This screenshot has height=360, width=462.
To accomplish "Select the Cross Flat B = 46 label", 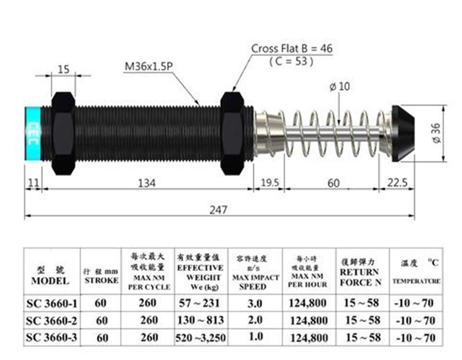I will coord(291,49).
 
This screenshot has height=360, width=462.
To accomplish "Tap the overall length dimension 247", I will coord(219,210).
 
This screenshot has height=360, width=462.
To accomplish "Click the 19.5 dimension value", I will coord(269,182).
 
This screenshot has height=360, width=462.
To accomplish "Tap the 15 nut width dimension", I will coord(63,69).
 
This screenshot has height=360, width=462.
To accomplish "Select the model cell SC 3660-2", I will coord(51,320).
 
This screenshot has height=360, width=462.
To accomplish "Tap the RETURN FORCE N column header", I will coord(360,272).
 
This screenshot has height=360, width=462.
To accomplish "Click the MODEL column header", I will coord(51,276).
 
